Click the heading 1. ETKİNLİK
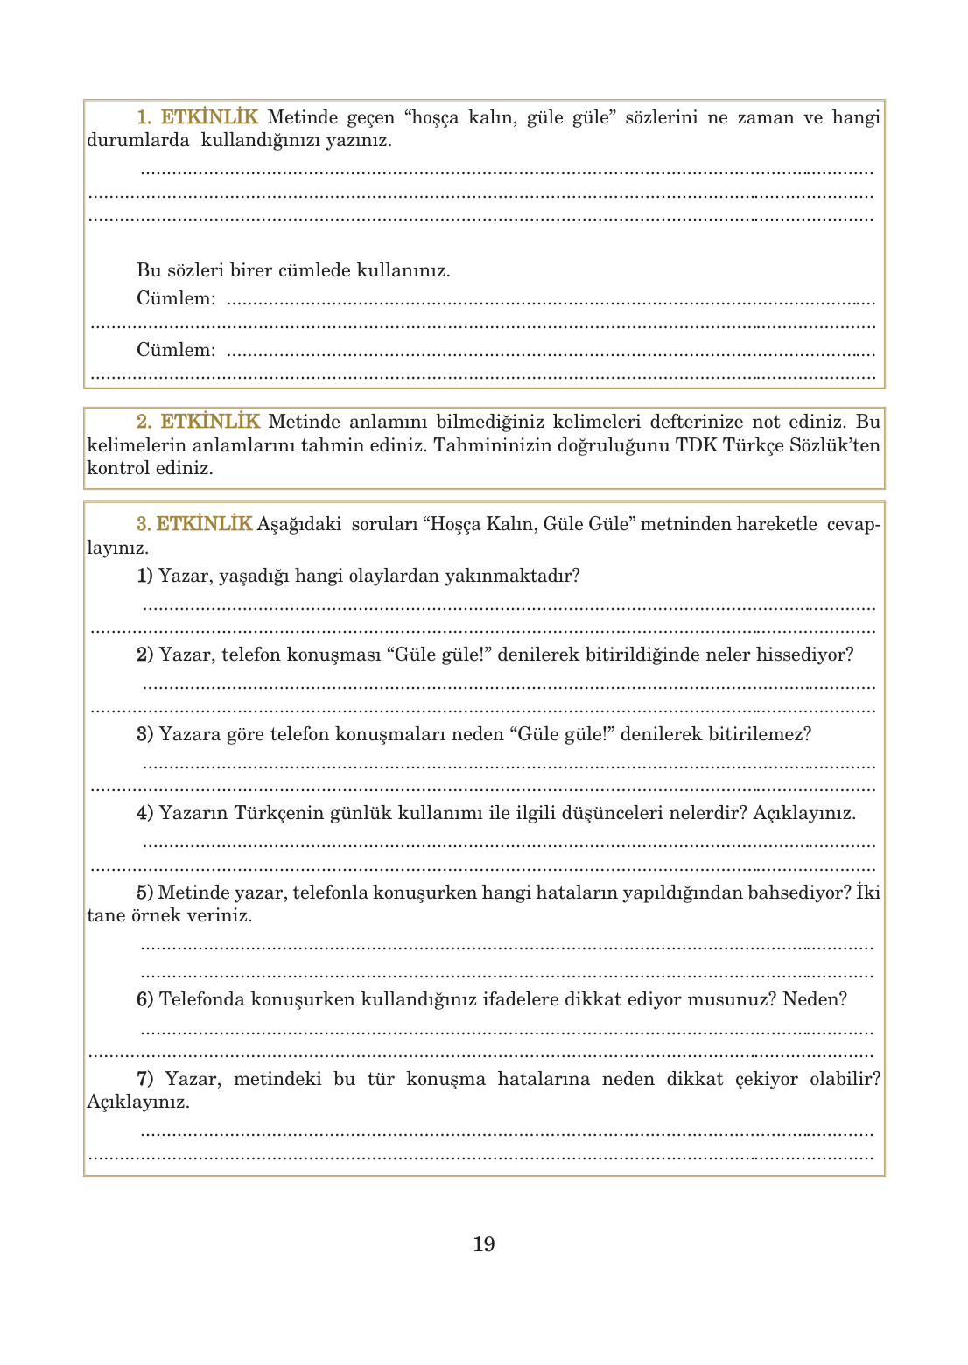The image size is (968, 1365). click(197, 117)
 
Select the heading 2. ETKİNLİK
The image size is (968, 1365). click(198, 422)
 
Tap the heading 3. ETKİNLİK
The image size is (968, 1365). click(194, 524)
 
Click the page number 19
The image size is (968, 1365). click(483, 1244)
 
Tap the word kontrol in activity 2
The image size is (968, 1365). click(117, 468)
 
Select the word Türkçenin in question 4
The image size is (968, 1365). click(278, 813)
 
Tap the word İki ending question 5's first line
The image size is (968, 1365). click(867, 892)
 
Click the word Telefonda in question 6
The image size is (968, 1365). click(201, 999)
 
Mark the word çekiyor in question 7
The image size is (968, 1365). click(766, 1079)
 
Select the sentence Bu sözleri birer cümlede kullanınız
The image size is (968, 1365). click(293, 270)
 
